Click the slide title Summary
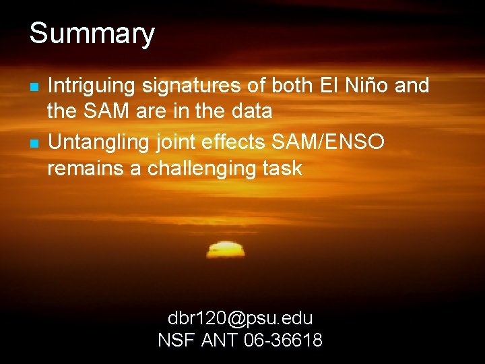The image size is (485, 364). [92, 34]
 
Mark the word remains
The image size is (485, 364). [86, 169]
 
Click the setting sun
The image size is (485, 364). [226, 250]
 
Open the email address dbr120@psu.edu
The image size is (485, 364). [240, 317]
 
